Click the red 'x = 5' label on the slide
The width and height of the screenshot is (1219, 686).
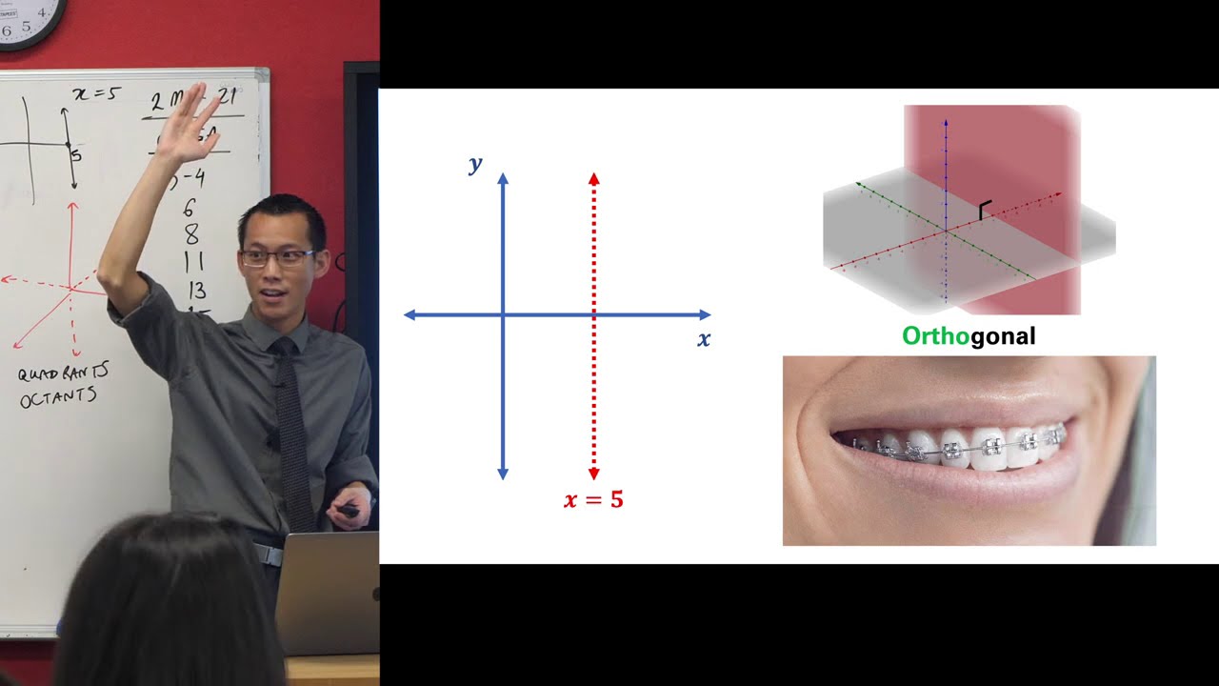[593, 499]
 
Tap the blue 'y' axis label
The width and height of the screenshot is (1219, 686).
[475, 165]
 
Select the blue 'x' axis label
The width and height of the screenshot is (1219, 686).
[704, 339]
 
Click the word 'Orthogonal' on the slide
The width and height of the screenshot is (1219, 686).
[969, 336]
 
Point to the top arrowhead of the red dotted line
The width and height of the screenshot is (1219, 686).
[594, 178]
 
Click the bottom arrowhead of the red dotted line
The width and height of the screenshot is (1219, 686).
[594, 474]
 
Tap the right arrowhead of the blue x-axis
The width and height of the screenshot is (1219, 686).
[705, 314]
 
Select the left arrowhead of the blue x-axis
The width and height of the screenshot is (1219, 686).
[410, 314]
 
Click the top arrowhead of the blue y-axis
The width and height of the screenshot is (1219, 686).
[504, 178]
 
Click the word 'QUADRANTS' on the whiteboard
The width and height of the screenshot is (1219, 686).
[61, 373]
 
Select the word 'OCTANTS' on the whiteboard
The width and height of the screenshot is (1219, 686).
[57, 396]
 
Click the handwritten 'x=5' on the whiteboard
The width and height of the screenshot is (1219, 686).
[95, 94]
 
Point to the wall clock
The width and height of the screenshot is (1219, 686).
[29, 19]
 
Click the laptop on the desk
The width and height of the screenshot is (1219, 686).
[328, 591]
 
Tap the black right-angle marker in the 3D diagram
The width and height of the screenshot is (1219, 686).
[985, 210]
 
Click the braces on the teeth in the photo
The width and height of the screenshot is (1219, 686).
[962, 446]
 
